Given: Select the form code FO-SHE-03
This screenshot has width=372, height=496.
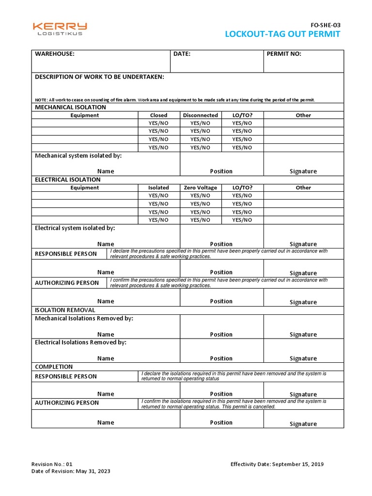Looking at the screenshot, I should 325,24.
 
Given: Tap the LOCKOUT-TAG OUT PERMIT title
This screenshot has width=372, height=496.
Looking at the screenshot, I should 282,34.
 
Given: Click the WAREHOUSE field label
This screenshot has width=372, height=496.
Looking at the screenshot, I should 55,54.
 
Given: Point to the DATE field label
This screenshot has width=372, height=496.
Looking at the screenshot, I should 182,54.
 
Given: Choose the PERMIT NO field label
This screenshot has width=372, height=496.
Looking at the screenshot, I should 284,54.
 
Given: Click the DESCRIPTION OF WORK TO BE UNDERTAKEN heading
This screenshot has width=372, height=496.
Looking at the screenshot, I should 99,77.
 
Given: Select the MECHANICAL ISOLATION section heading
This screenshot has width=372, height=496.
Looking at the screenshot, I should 70,107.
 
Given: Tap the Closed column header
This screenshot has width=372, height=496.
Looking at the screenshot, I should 158,115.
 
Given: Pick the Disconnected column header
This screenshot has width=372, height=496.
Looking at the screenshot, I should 201,115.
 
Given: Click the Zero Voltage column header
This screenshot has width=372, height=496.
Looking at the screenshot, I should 201,187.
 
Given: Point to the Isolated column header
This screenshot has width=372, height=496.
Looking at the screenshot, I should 158,187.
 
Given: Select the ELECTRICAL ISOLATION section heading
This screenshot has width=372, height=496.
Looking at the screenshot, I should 67,179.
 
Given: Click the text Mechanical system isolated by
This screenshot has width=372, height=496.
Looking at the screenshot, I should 78,155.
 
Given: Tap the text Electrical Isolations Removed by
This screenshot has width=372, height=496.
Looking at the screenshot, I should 80,342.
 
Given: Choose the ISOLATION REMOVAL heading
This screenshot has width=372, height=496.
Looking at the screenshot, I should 65,310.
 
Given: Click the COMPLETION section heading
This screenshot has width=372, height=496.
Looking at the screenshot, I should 54,367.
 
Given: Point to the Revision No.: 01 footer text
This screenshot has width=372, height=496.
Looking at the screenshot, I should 52,464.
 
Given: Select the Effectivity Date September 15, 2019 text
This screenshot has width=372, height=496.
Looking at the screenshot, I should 277,464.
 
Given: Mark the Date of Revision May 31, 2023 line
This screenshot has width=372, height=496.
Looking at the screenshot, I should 71,471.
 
